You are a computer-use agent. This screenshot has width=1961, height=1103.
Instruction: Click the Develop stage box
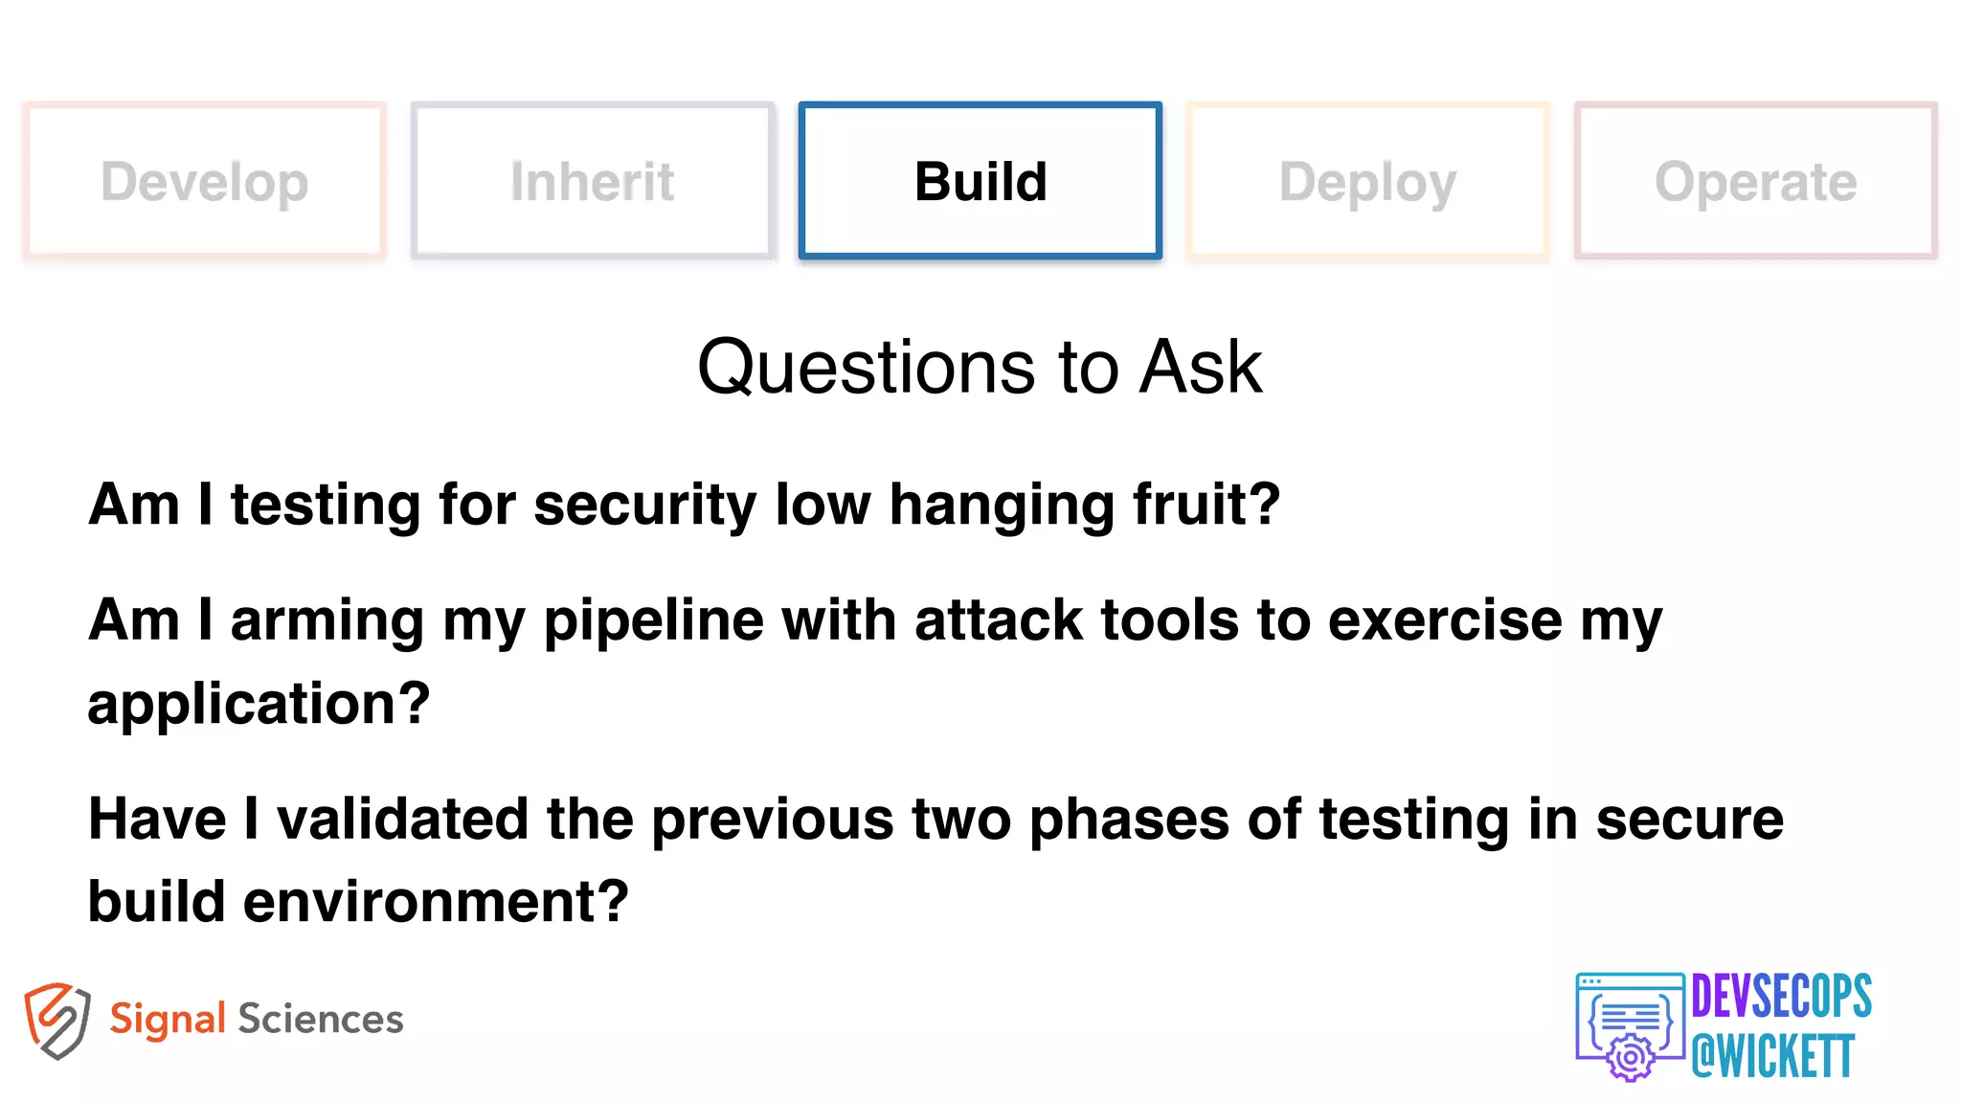204,181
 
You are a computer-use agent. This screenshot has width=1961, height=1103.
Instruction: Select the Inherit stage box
592,181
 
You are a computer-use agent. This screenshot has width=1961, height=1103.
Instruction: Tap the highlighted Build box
980,181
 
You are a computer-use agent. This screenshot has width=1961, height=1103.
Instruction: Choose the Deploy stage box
1367,181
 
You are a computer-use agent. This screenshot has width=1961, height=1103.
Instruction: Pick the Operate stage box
1755,181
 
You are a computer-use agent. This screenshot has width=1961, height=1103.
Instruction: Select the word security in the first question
644,506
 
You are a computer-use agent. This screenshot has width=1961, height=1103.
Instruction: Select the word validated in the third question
402,820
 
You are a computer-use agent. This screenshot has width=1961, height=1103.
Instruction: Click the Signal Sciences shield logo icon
57,1020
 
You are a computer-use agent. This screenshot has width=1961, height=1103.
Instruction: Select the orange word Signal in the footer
168,1020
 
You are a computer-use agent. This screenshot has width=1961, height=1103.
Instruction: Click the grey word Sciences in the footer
321,1019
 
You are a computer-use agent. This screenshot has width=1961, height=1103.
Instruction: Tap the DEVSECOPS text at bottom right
1781,997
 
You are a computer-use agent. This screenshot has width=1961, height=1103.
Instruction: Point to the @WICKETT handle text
1772,1057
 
